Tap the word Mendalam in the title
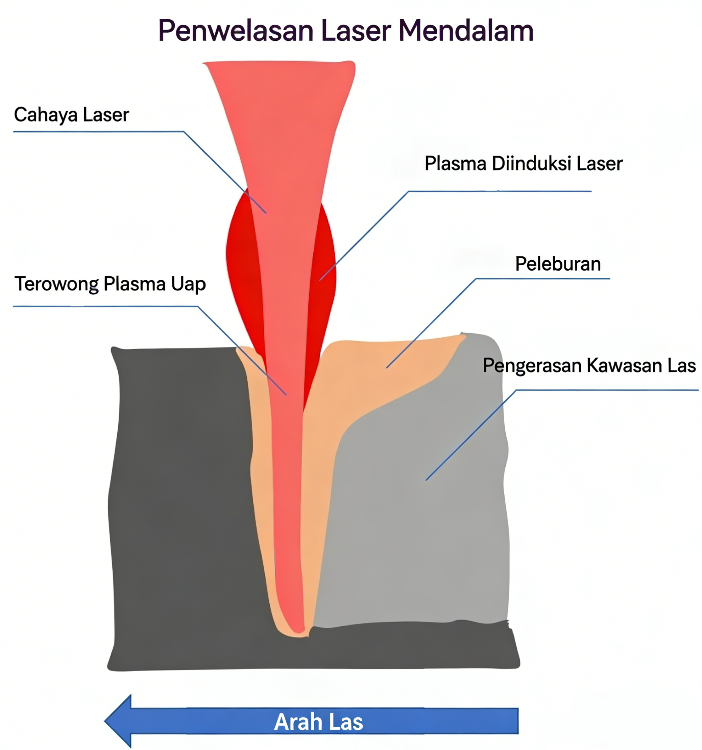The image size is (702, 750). (x=466, y=31)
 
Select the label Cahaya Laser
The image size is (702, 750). (x=71, y=115)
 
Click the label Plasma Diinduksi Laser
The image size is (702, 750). (x=523, y=164)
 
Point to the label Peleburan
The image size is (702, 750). (x=558, y=264)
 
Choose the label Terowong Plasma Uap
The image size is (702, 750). (x=110, y=284)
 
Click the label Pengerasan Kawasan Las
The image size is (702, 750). (x=589, y=365)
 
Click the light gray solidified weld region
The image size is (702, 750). (x=422, y=528)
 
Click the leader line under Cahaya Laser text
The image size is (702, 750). (x=98, y=132)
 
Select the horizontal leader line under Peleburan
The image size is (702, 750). (x=543, y=279)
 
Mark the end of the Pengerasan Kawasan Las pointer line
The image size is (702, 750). (x=426, y=480)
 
